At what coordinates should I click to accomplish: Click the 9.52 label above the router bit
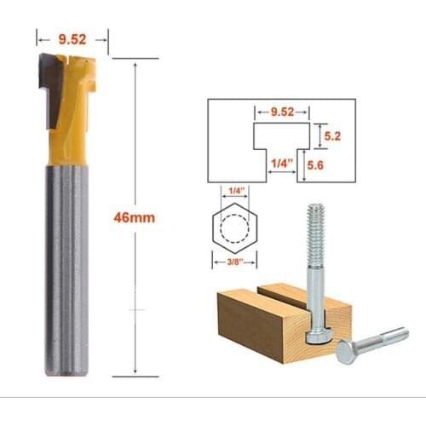tap(72, 37)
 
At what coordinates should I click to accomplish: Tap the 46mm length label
tap(135, 217)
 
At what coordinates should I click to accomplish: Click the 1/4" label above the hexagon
tap(232, 192)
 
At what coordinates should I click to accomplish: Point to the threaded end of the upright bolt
tap(316, 223)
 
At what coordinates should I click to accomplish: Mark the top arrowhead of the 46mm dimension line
tap(136, 63)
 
